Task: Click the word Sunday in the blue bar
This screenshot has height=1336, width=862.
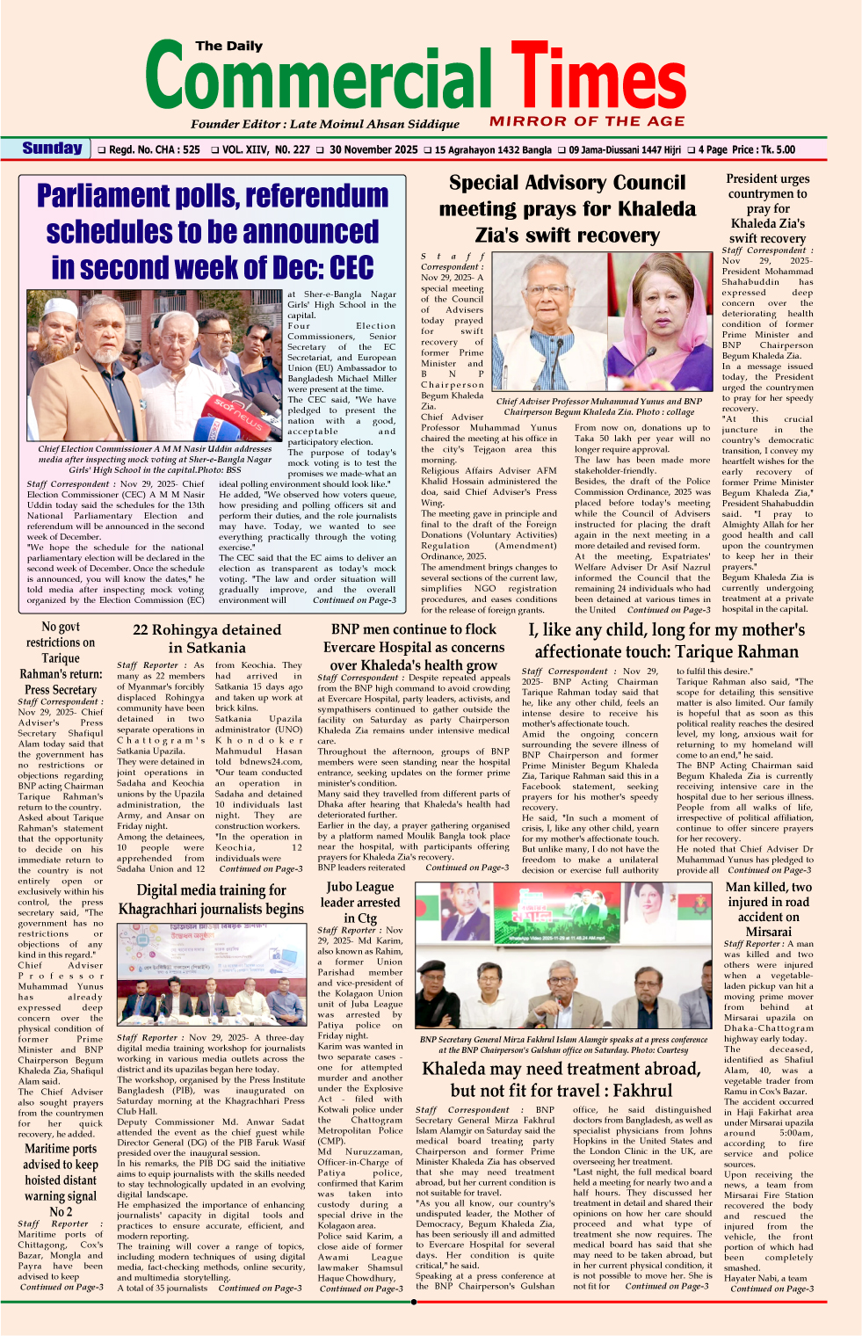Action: [x=53, y=149]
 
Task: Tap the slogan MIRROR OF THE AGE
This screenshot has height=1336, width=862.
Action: [x=586, y=121]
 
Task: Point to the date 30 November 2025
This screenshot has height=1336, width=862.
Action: [x=373, y=149]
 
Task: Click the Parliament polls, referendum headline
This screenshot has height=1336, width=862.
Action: [x=213, y=231]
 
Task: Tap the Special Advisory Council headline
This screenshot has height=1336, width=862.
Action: [x=568, y=209]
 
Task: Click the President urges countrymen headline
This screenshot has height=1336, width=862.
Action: [x=767, y=208]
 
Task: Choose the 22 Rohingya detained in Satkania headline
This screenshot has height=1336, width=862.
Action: [x=207, y=639]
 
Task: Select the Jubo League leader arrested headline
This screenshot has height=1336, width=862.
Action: [x=360, y=903]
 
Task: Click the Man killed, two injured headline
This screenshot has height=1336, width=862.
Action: [x=768, y=909]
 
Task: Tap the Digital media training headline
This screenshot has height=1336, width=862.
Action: [x=211, y=899]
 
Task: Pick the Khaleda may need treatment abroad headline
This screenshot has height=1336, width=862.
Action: [x=561, y=1079]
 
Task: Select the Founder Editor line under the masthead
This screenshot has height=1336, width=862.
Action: [x=325, y=124]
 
